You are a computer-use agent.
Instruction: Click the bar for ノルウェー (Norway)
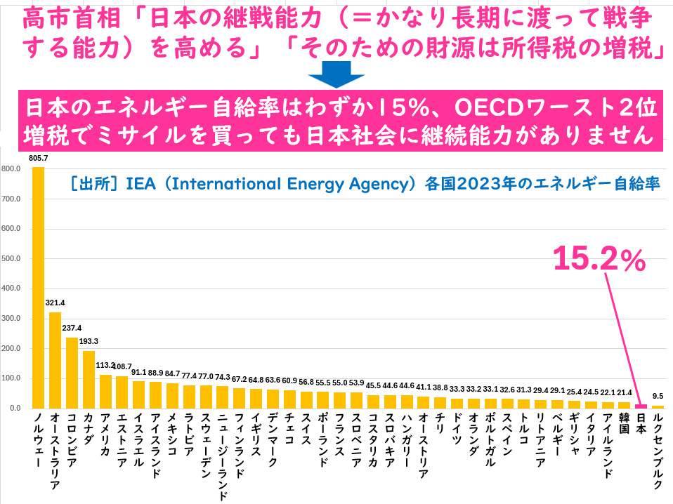[x=38, y=287]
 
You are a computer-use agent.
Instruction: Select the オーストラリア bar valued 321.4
[x=55, y=360]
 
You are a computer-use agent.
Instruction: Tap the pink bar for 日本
[x=641, y=406]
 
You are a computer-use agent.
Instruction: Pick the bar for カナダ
[x=89, y=379]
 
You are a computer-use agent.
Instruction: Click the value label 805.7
[x=39, y=159]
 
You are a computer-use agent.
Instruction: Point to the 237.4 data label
[x=73, y=328]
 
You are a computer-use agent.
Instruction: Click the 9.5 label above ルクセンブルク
[x=658, y=396]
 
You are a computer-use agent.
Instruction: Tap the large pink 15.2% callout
[x=599, y=259]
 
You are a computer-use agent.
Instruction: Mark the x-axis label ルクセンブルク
[x=658, y=449]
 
